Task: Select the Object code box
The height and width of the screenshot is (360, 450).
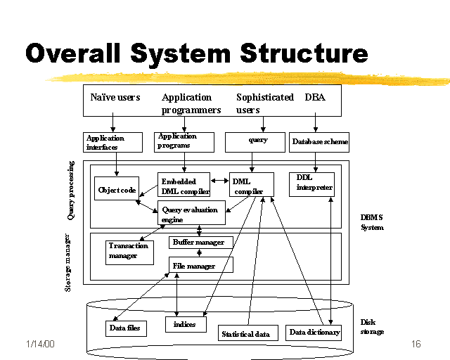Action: click(117, 188)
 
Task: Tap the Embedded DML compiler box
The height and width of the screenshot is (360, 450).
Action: click(184, 185)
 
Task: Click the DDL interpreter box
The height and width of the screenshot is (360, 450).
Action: click(311, 184)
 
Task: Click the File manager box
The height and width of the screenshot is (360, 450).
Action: click(200, 265)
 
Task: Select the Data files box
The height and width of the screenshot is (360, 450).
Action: click(127, 328)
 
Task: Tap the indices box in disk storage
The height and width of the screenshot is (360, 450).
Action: click(185, 324)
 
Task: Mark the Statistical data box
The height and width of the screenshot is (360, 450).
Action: click(247, 333)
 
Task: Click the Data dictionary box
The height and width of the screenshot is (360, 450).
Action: click(314, 332)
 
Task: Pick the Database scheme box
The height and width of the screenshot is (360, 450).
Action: click(319, 141)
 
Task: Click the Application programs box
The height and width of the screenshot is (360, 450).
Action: click(184, 141)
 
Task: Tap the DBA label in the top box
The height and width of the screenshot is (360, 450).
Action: click(315, 98)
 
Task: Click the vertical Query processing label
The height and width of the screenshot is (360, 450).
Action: click(71, 191)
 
